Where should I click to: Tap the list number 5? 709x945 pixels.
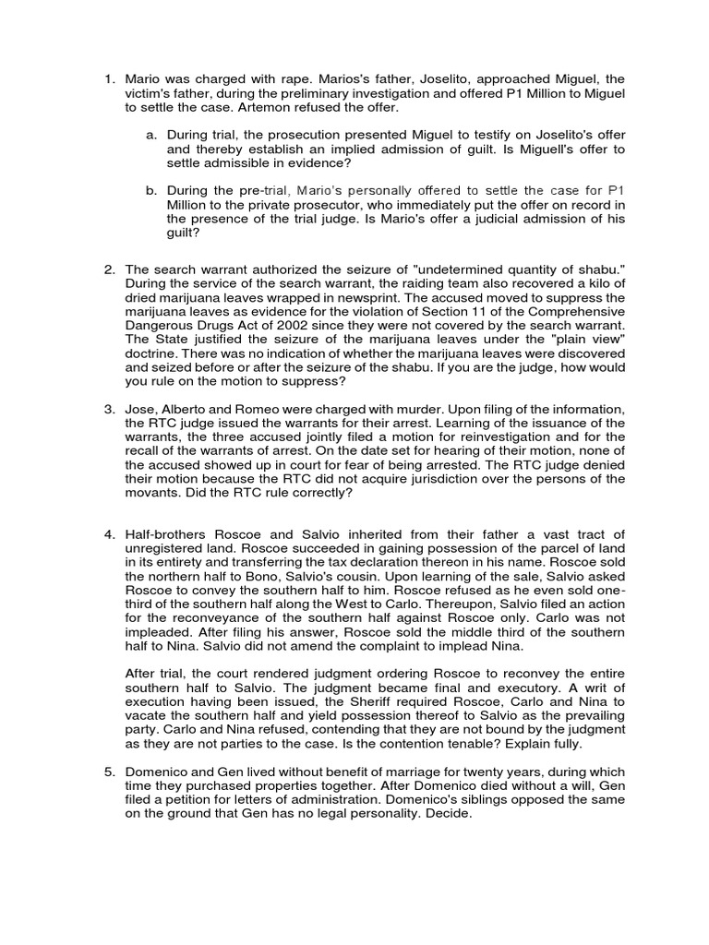point(107,772)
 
